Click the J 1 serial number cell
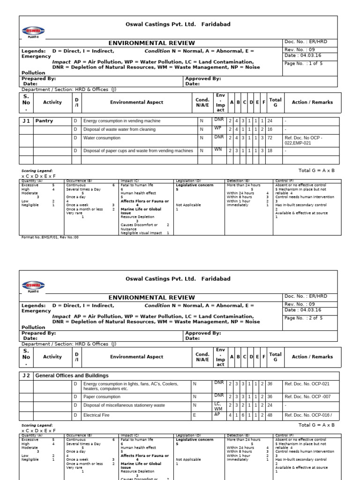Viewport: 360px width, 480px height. pyautogui.click(x=26, y=121)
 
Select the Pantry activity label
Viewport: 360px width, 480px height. pyautogui.click(x=44, y=121)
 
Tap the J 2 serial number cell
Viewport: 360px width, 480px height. pyautogui.click(x=26, y=375)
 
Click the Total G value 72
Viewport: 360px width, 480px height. pyautogui.click(x=270, y=138)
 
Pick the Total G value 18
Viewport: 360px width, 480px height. pyautogui.click(x=270, y=151)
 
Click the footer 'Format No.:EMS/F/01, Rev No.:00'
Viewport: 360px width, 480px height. pyautogui.click(x=50, y=237)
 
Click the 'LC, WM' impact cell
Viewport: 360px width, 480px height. pyautogui.click(x=218, y=405)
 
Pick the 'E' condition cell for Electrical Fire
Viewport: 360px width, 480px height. pyautogui.click(x=195, y=415)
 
